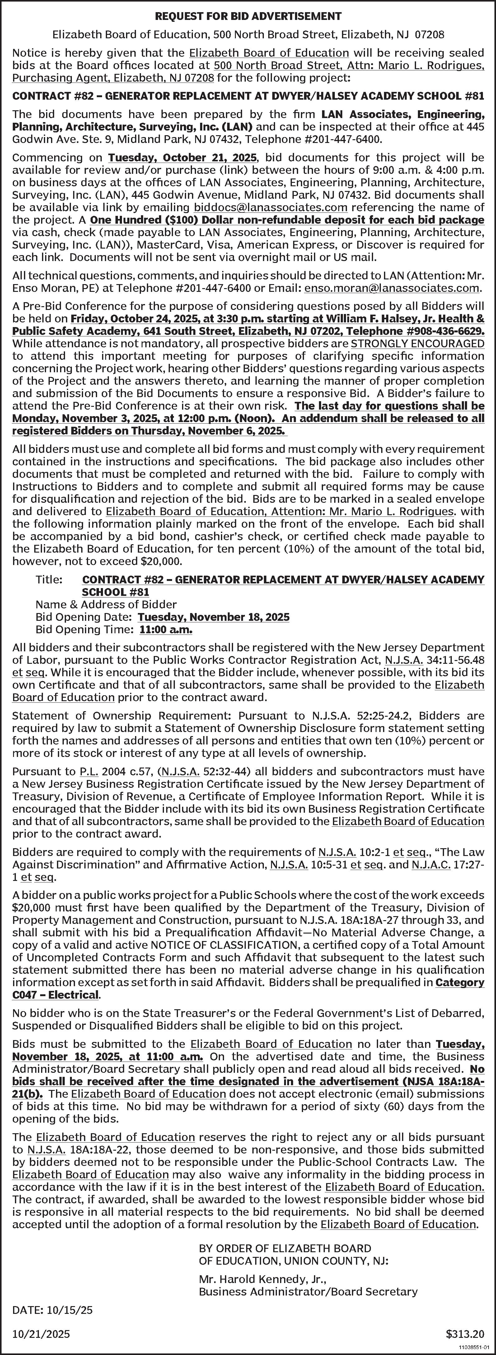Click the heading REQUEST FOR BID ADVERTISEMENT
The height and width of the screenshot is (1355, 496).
(x=248, y=16)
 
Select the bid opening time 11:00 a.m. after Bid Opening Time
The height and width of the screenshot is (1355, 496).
(x=166, y=629)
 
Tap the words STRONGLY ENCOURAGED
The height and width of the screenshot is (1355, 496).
(x=417, y=344)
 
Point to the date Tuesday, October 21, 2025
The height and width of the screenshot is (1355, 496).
(x=182, y=158)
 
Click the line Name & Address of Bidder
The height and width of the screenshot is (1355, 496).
(x=106, y=604)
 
